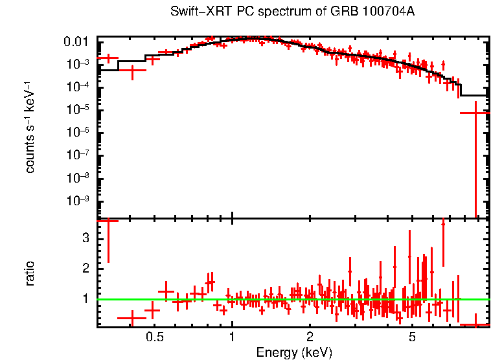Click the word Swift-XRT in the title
click(194, 12)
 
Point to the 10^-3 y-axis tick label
click(78, 65)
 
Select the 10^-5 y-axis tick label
click(78, 110)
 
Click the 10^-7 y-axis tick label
click(78, 155)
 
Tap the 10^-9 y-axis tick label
click(78, 201)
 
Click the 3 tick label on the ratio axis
click(84, 238)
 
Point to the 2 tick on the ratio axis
click(84, 269)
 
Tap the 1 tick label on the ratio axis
click(84, 299)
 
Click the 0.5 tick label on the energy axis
click(154, 337)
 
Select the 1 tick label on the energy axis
click(232, 337)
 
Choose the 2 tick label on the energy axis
click(310, 337)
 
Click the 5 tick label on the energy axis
click(412, 337)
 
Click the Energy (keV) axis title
click(294, 352)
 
